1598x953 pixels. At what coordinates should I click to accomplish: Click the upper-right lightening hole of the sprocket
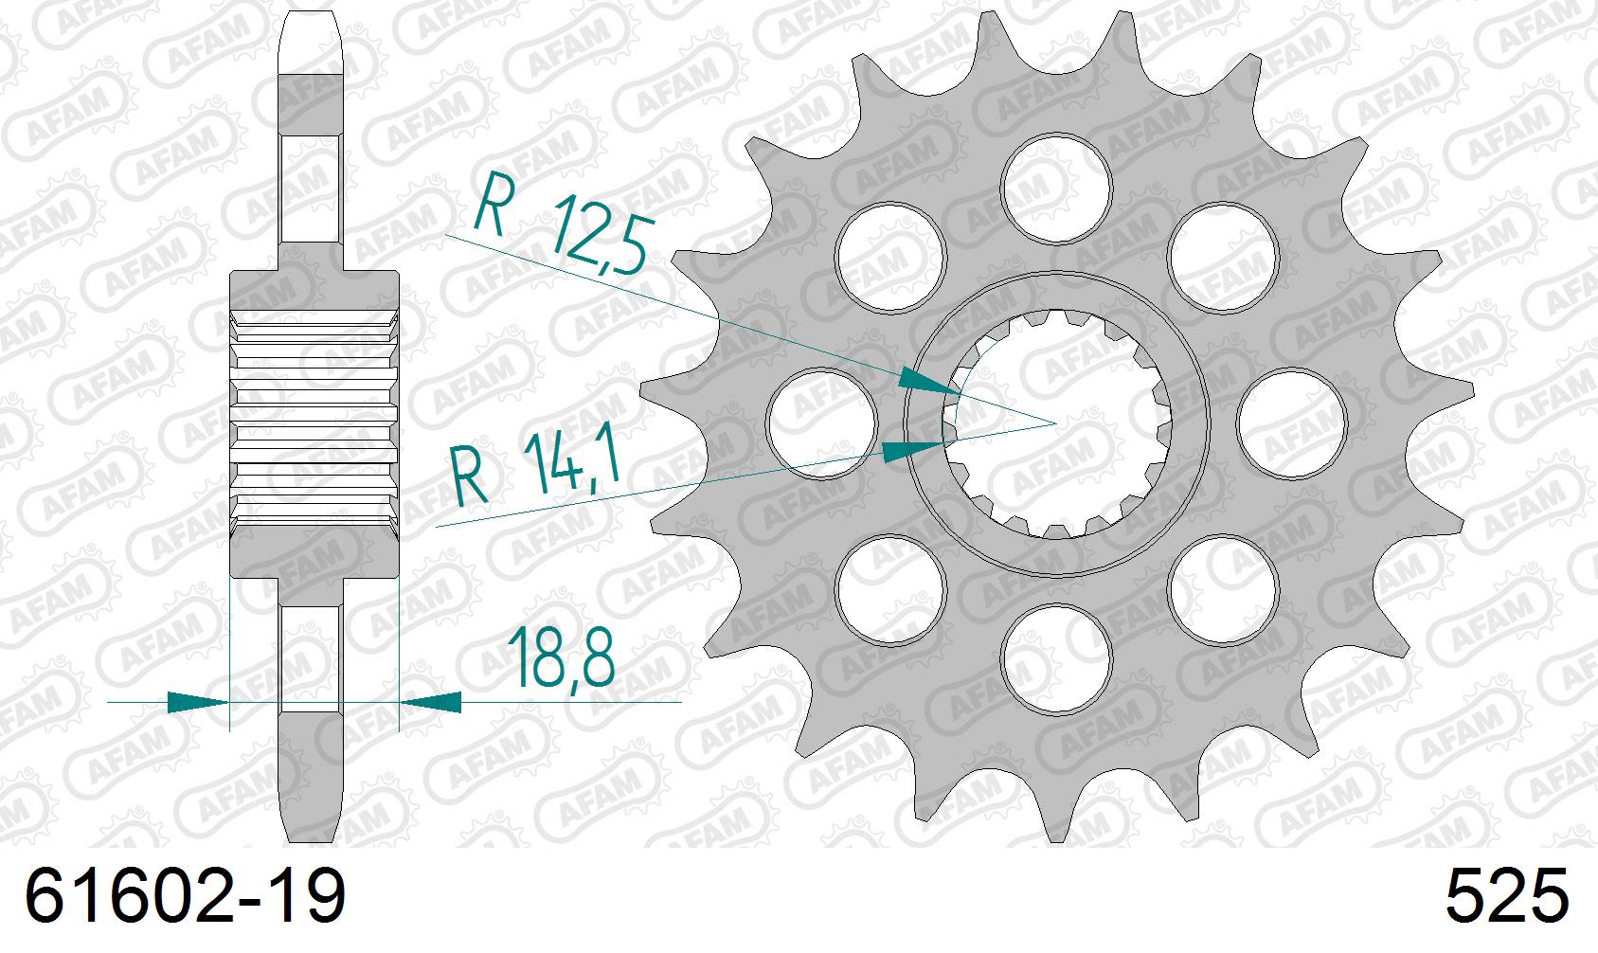click(1223, 257)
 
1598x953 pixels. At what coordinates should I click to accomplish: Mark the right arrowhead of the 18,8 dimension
click(432, 702)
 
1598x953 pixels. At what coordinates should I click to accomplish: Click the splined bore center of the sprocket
click(1057, 423)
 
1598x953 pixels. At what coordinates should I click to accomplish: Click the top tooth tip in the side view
click(312, 38)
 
